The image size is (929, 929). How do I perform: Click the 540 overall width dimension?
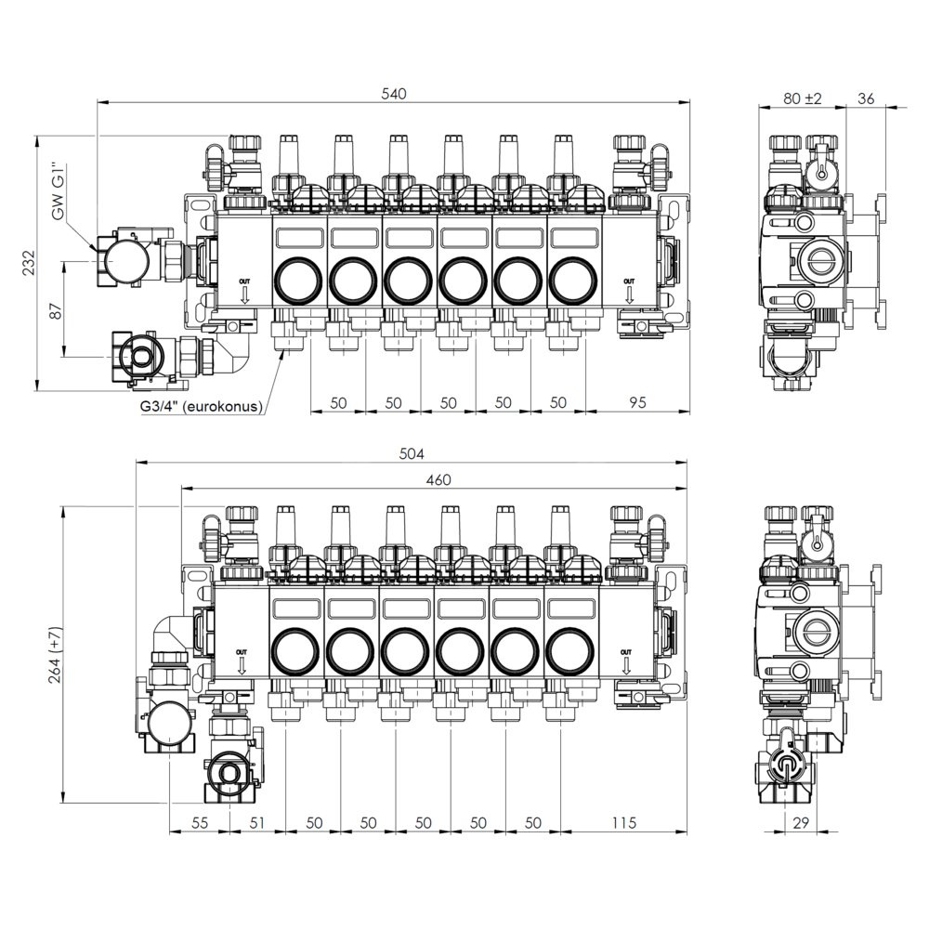(394, 94)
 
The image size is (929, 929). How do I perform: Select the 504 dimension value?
(412, 453)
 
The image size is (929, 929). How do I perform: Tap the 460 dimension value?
(438, 480)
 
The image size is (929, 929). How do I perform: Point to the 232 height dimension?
(29, 263)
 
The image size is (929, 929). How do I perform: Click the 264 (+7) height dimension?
(55, 654)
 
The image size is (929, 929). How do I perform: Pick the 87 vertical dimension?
(55, 311)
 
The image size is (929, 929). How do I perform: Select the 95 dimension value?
(637, 402)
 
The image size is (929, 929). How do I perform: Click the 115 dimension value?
(624, 822)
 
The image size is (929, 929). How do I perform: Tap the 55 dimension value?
(201, 822)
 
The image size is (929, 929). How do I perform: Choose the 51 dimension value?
(256, 822)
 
